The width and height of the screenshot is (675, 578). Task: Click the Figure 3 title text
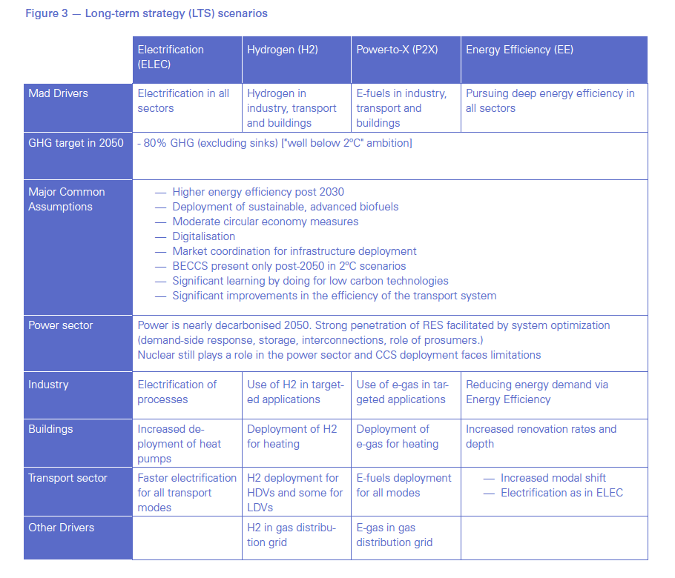(146, 13)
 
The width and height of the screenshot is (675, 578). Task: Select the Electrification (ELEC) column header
(171, 57)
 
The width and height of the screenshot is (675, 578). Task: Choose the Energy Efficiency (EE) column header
(519, 50)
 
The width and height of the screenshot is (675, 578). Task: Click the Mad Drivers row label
(58, 93)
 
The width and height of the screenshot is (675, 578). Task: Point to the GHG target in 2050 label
(76, 142)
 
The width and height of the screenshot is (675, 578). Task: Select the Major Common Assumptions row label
(67, 199)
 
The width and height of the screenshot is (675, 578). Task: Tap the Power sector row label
(61, 325)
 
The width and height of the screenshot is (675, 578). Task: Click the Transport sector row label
(67, 478)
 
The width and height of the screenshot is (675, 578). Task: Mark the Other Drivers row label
(62, 528)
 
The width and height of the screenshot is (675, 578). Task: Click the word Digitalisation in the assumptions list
(203, 236)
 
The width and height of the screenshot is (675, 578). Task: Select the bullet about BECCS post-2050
(289, 266)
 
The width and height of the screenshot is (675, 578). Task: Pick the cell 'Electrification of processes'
(177, 392)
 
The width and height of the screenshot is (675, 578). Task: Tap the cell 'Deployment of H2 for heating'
(292, 436)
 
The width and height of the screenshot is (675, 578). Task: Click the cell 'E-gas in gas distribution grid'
(394, 535)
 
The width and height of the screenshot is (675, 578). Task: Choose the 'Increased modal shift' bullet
(553, 478)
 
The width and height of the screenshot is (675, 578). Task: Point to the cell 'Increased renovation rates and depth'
(541, 436)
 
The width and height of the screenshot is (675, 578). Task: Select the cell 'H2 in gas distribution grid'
(291, 535)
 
